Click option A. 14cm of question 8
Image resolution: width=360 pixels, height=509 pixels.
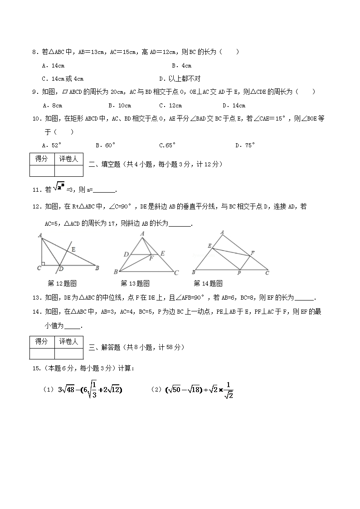[x=53, y=66]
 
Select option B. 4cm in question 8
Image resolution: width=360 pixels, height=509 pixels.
[x=181, y=66]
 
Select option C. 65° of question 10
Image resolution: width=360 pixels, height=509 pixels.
[x=167, y=145]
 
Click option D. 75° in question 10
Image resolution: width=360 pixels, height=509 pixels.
[x=245, y=145]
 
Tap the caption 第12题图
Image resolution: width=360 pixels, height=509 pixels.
[x=62, y=284]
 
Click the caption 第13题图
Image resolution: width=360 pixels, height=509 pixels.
[x=135, y=284]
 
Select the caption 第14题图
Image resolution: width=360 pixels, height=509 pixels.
[x=208, y=284]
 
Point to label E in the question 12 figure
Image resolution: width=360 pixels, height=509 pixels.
[x=73, y=249]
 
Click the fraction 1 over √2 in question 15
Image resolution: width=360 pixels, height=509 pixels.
[x=229, y=390]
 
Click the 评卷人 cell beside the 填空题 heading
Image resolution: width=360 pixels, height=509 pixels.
[x=69, y=159]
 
